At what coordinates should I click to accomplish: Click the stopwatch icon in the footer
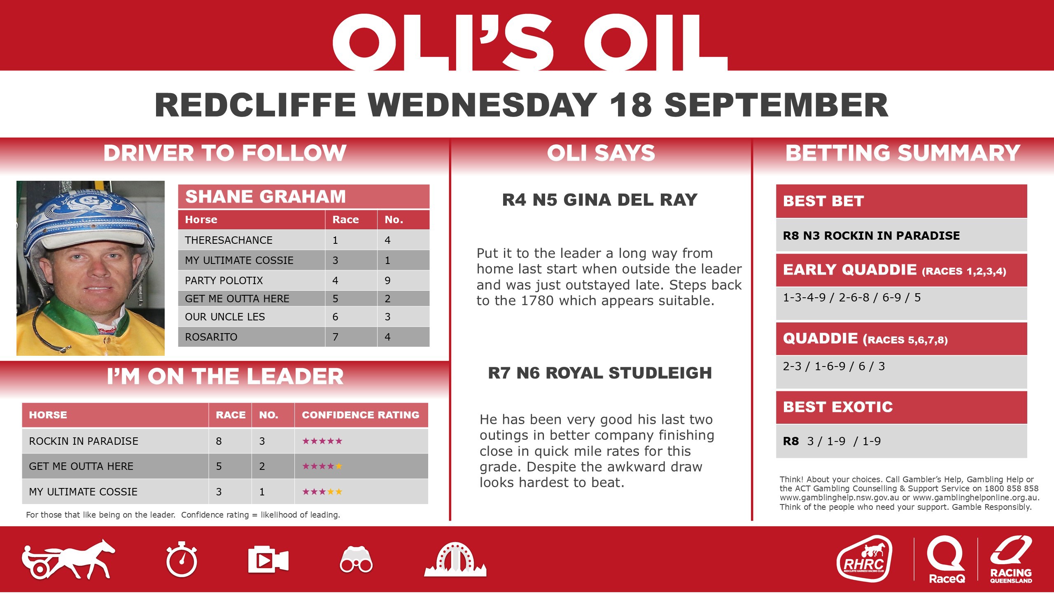182,560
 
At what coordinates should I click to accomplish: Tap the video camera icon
268,560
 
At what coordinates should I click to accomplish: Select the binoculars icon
356,560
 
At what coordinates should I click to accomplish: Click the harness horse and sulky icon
68,559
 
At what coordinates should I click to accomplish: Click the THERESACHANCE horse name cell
229,240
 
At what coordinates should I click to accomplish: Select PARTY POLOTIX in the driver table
224,280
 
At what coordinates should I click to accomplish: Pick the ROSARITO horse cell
211,337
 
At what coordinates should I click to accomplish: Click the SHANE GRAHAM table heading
266,197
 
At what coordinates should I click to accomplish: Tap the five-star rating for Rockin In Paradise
322,441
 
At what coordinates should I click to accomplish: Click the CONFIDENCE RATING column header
361,415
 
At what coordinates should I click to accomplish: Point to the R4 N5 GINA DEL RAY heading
600,200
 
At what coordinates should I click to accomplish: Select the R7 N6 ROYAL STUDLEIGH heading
600,373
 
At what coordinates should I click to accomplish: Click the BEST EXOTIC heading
838,407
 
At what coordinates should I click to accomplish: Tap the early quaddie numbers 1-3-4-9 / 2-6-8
826,298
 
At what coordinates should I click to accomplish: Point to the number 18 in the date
631,105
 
